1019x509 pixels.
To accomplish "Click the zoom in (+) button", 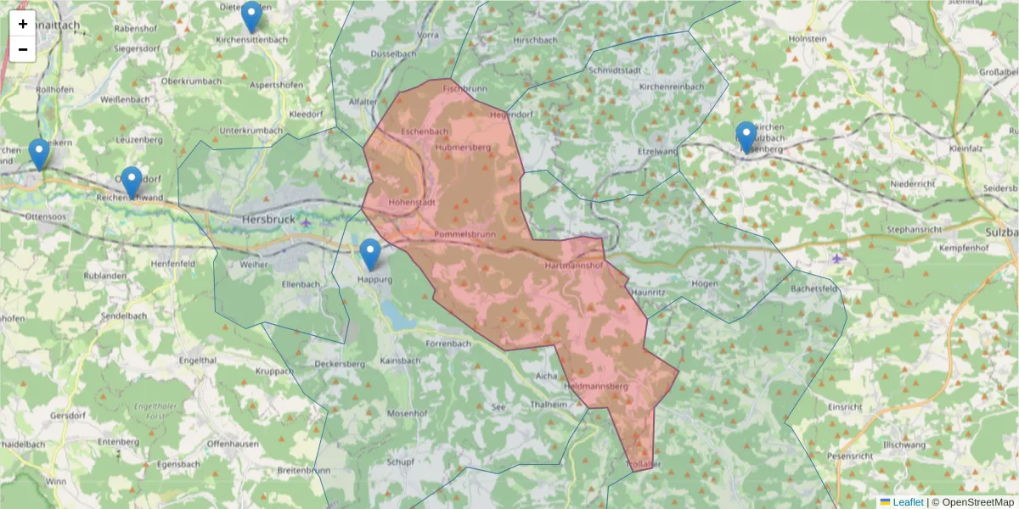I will (x=23, y=24).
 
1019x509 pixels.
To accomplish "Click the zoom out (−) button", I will (x=23, y=49).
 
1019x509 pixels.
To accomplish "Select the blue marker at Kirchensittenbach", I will (x=251, y=16).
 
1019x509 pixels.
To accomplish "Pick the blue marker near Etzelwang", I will (x=746, y=137).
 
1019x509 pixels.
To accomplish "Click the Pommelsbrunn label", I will (x=464, y=233).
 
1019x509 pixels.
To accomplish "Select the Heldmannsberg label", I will (x=595, y=387).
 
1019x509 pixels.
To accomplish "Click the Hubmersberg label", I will (x=463, y=148).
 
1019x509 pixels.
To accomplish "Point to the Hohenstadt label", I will (x=412, y=204).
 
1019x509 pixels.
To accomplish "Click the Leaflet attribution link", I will (x=907, y=502).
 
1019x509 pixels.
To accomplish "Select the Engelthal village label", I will (x=198, y=361).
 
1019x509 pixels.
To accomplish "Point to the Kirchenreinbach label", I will (x=671, y=87).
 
